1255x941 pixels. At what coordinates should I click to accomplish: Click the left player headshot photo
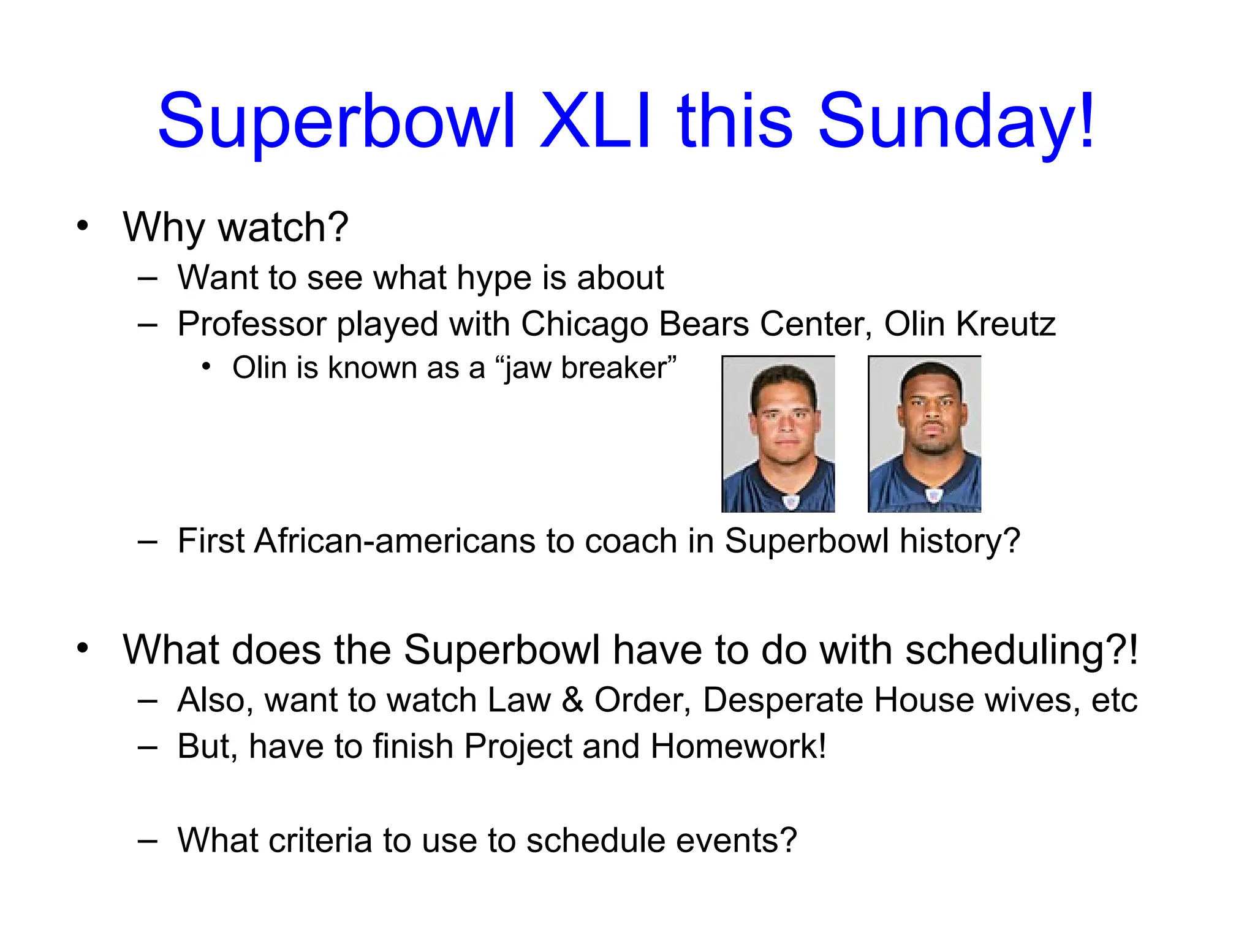pyautogui.click(x=778, y=434)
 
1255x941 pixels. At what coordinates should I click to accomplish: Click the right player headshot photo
pyautogui.click(x=924, y=434)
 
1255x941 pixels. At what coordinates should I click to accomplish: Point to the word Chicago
pyautogui.click(x=585, y=324)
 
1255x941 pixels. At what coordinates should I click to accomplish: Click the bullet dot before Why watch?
pyautogui.click(x=83, y=226)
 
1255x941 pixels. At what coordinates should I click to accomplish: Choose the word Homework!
pyautogui.click(x=738, y=746)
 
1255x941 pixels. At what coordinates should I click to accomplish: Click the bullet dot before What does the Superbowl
pyautogui.click(x=83, y=648)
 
